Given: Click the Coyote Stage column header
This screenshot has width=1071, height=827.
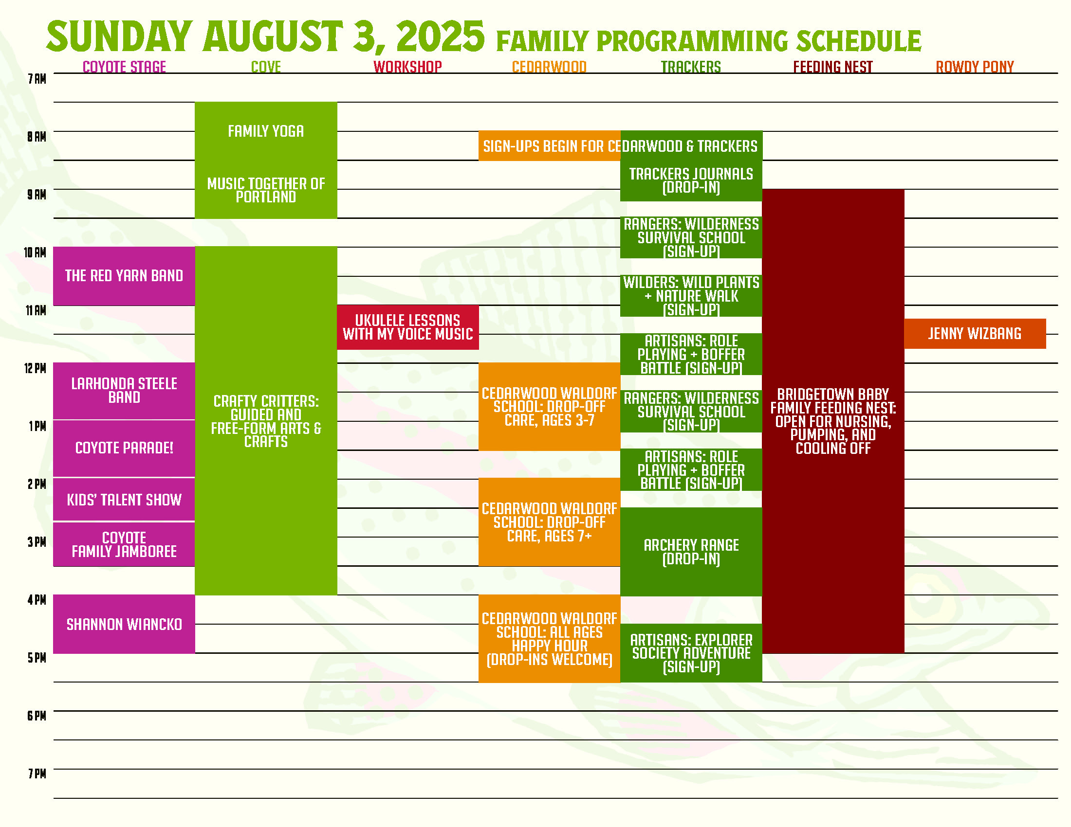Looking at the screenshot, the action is pos(124,67).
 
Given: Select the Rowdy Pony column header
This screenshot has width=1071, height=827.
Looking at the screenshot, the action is pos(975,67).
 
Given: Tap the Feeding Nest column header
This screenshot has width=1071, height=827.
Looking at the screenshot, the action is pos(832,67).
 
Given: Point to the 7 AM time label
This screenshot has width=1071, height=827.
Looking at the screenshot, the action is pos(37,79).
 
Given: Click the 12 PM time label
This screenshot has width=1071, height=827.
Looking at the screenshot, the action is pos(36,368).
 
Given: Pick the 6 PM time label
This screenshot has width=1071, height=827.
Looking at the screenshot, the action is pos(37,716).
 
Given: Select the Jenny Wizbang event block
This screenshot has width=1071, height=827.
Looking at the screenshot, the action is pos(975,334).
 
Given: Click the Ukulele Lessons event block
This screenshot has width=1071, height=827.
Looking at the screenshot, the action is pos(407,327).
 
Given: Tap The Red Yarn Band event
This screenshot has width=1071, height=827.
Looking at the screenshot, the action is pos(124,276).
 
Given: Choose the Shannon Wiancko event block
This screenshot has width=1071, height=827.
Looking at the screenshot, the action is pos(124,624).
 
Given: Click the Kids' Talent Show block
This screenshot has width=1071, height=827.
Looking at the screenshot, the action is pos(124,500).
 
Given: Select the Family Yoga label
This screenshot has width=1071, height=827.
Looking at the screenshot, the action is pos(266,131).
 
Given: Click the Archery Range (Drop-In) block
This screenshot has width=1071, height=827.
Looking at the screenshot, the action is pos(691,552).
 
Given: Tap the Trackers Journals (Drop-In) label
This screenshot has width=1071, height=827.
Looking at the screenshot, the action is pos(691,181).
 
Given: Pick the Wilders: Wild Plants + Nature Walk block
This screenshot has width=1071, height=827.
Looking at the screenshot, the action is pos(691,296).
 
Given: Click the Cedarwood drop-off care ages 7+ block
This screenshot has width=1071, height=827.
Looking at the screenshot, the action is pos(549,522).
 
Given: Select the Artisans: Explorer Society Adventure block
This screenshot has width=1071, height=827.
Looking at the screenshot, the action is pos(691,653).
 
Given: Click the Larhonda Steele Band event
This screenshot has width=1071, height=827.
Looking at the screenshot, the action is pos(124,391).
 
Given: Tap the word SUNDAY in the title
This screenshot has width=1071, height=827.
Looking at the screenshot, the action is pos(119,37).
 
